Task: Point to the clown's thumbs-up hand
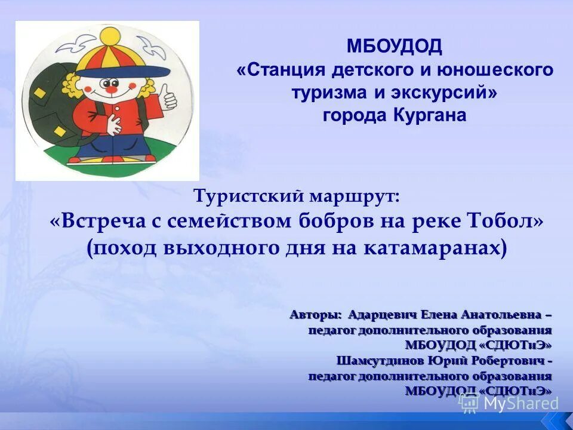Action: tap(168, 96)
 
